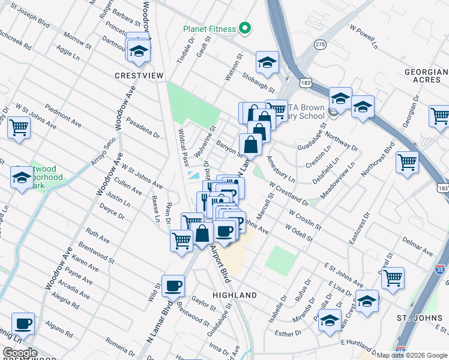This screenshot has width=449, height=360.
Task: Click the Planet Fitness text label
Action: [208, 28]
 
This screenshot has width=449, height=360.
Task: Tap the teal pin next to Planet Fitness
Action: [244, 28]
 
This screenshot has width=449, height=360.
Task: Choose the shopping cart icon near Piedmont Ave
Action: [19, 127]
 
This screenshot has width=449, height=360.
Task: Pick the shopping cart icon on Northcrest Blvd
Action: [407, 161]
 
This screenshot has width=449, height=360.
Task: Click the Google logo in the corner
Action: [20, 353]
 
